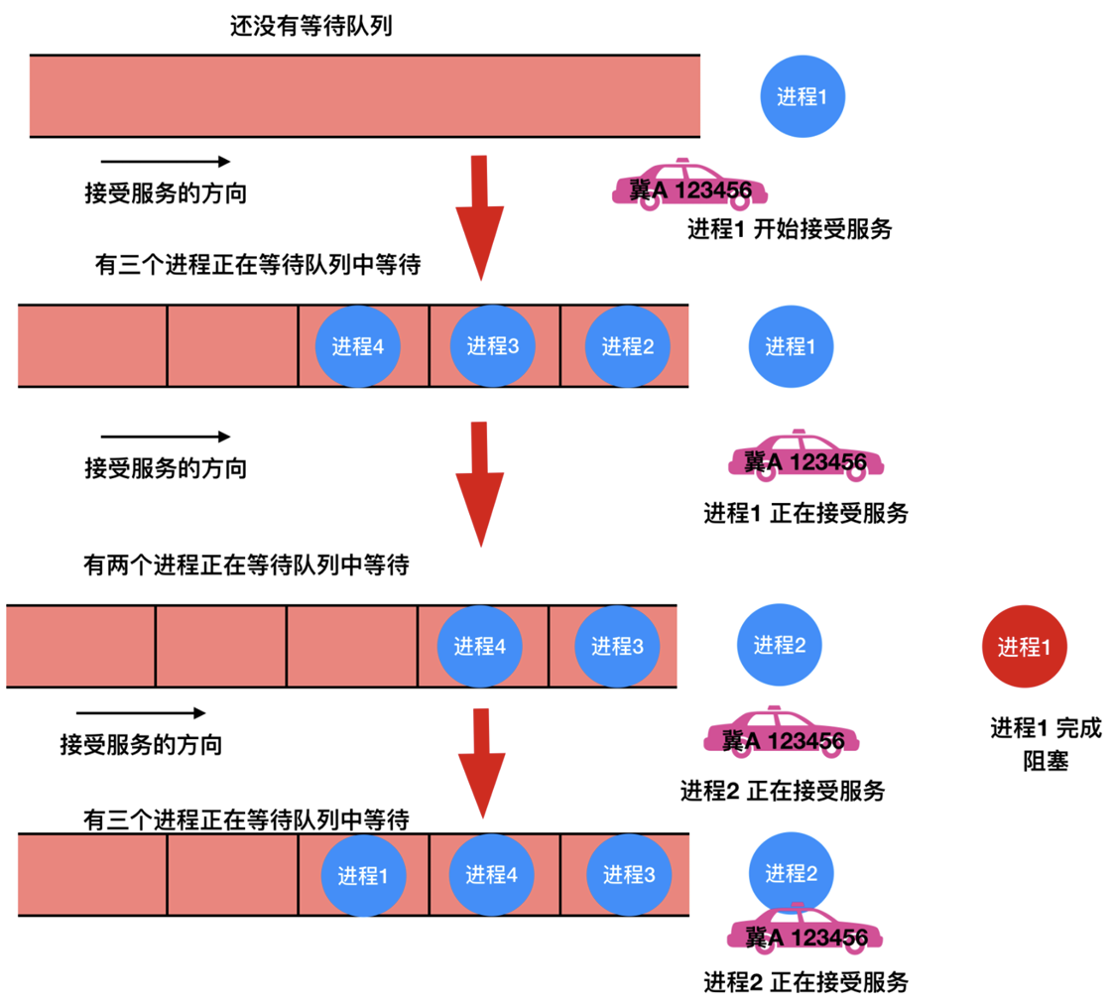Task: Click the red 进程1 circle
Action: point(1023,646)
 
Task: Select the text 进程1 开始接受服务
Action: point(790,229)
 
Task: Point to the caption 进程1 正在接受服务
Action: point(805,513)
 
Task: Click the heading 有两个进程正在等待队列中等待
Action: point(247,566)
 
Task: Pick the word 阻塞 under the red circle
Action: point(1045,762)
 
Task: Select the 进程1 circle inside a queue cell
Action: point(362,875)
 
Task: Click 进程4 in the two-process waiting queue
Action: point(480,646)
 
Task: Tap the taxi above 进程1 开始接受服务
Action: point(690,187)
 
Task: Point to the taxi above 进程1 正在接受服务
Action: point(804,458)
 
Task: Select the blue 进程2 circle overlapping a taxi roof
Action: point(791,873)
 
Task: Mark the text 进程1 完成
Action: point(1045,728)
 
